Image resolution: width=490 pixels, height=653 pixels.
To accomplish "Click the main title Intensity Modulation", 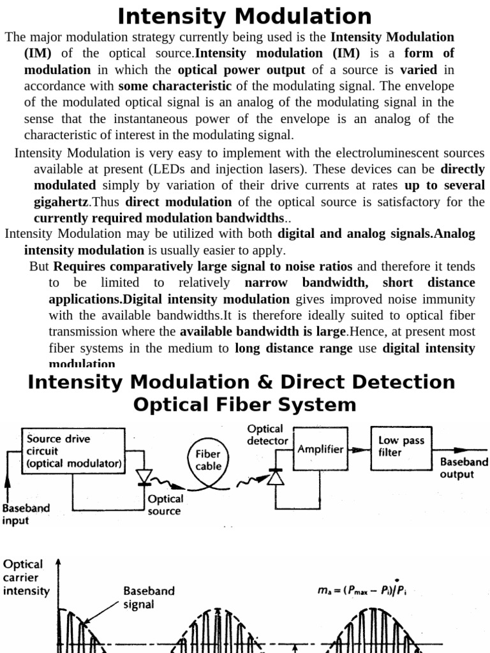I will pos(245,16).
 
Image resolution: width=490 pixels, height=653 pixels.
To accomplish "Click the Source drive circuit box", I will pos(74,451).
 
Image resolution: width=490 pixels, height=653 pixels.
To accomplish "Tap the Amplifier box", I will pos(320,449).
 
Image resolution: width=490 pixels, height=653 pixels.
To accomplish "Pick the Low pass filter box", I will pos(398,446).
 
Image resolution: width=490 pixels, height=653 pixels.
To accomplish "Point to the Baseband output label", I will pos(464,467).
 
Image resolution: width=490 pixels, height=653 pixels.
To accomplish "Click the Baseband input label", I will pos(26,515).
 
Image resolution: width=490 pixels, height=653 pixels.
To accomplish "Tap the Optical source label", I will pos(165,504).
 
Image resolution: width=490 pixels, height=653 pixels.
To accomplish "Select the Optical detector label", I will pos(267,435).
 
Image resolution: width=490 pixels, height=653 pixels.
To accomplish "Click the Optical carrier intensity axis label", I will pos(26,577).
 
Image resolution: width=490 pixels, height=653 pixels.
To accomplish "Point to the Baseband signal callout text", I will pos(148,597).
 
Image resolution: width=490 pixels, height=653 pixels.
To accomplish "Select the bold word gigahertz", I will pos(61,202).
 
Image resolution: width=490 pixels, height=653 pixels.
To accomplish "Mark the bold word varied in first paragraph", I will pos(419,70).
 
